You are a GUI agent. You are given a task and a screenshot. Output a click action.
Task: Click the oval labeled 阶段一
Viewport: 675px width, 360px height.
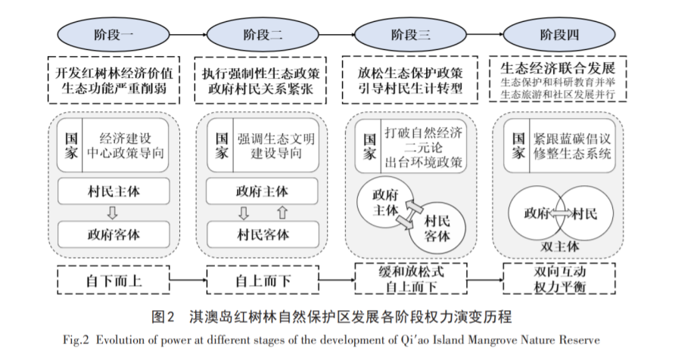(x=107, y=35)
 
